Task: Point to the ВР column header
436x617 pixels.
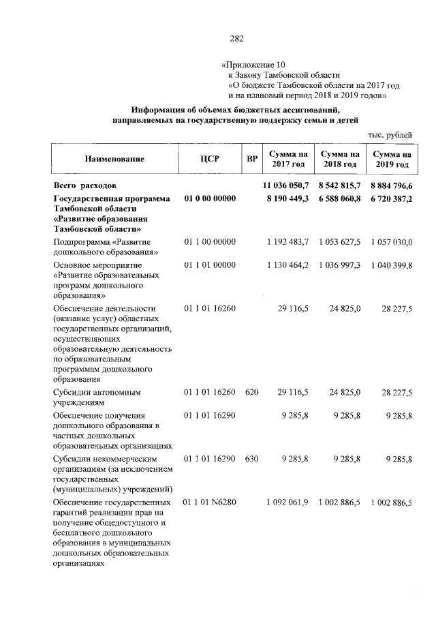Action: click(252, 159)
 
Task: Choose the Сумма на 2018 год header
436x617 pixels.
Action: click(340, 159)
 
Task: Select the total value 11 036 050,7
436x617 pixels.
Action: click(286, 185)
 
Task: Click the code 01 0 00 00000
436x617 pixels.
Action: click(210, 198)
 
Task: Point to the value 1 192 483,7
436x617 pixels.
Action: click(287, 242)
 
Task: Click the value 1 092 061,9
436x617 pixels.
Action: click(287, 502)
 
